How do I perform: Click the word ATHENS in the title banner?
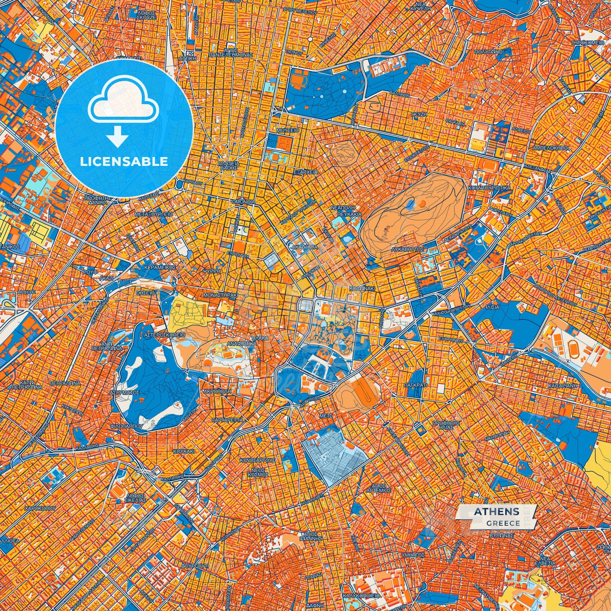tap(496, 512)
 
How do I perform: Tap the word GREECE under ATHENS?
tap(503, 523)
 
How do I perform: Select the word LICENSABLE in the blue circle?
tap(124, 162)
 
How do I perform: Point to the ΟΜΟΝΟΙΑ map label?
tap(243, 202)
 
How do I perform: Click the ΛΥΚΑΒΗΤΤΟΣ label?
tap(408, 249)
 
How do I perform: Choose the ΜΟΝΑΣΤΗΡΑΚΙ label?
tap(220, 295)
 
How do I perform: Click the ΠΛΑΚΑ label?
tap(260, 338)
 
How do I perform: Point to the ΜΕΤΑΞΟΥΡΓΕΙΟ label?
tap(153, 214)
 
